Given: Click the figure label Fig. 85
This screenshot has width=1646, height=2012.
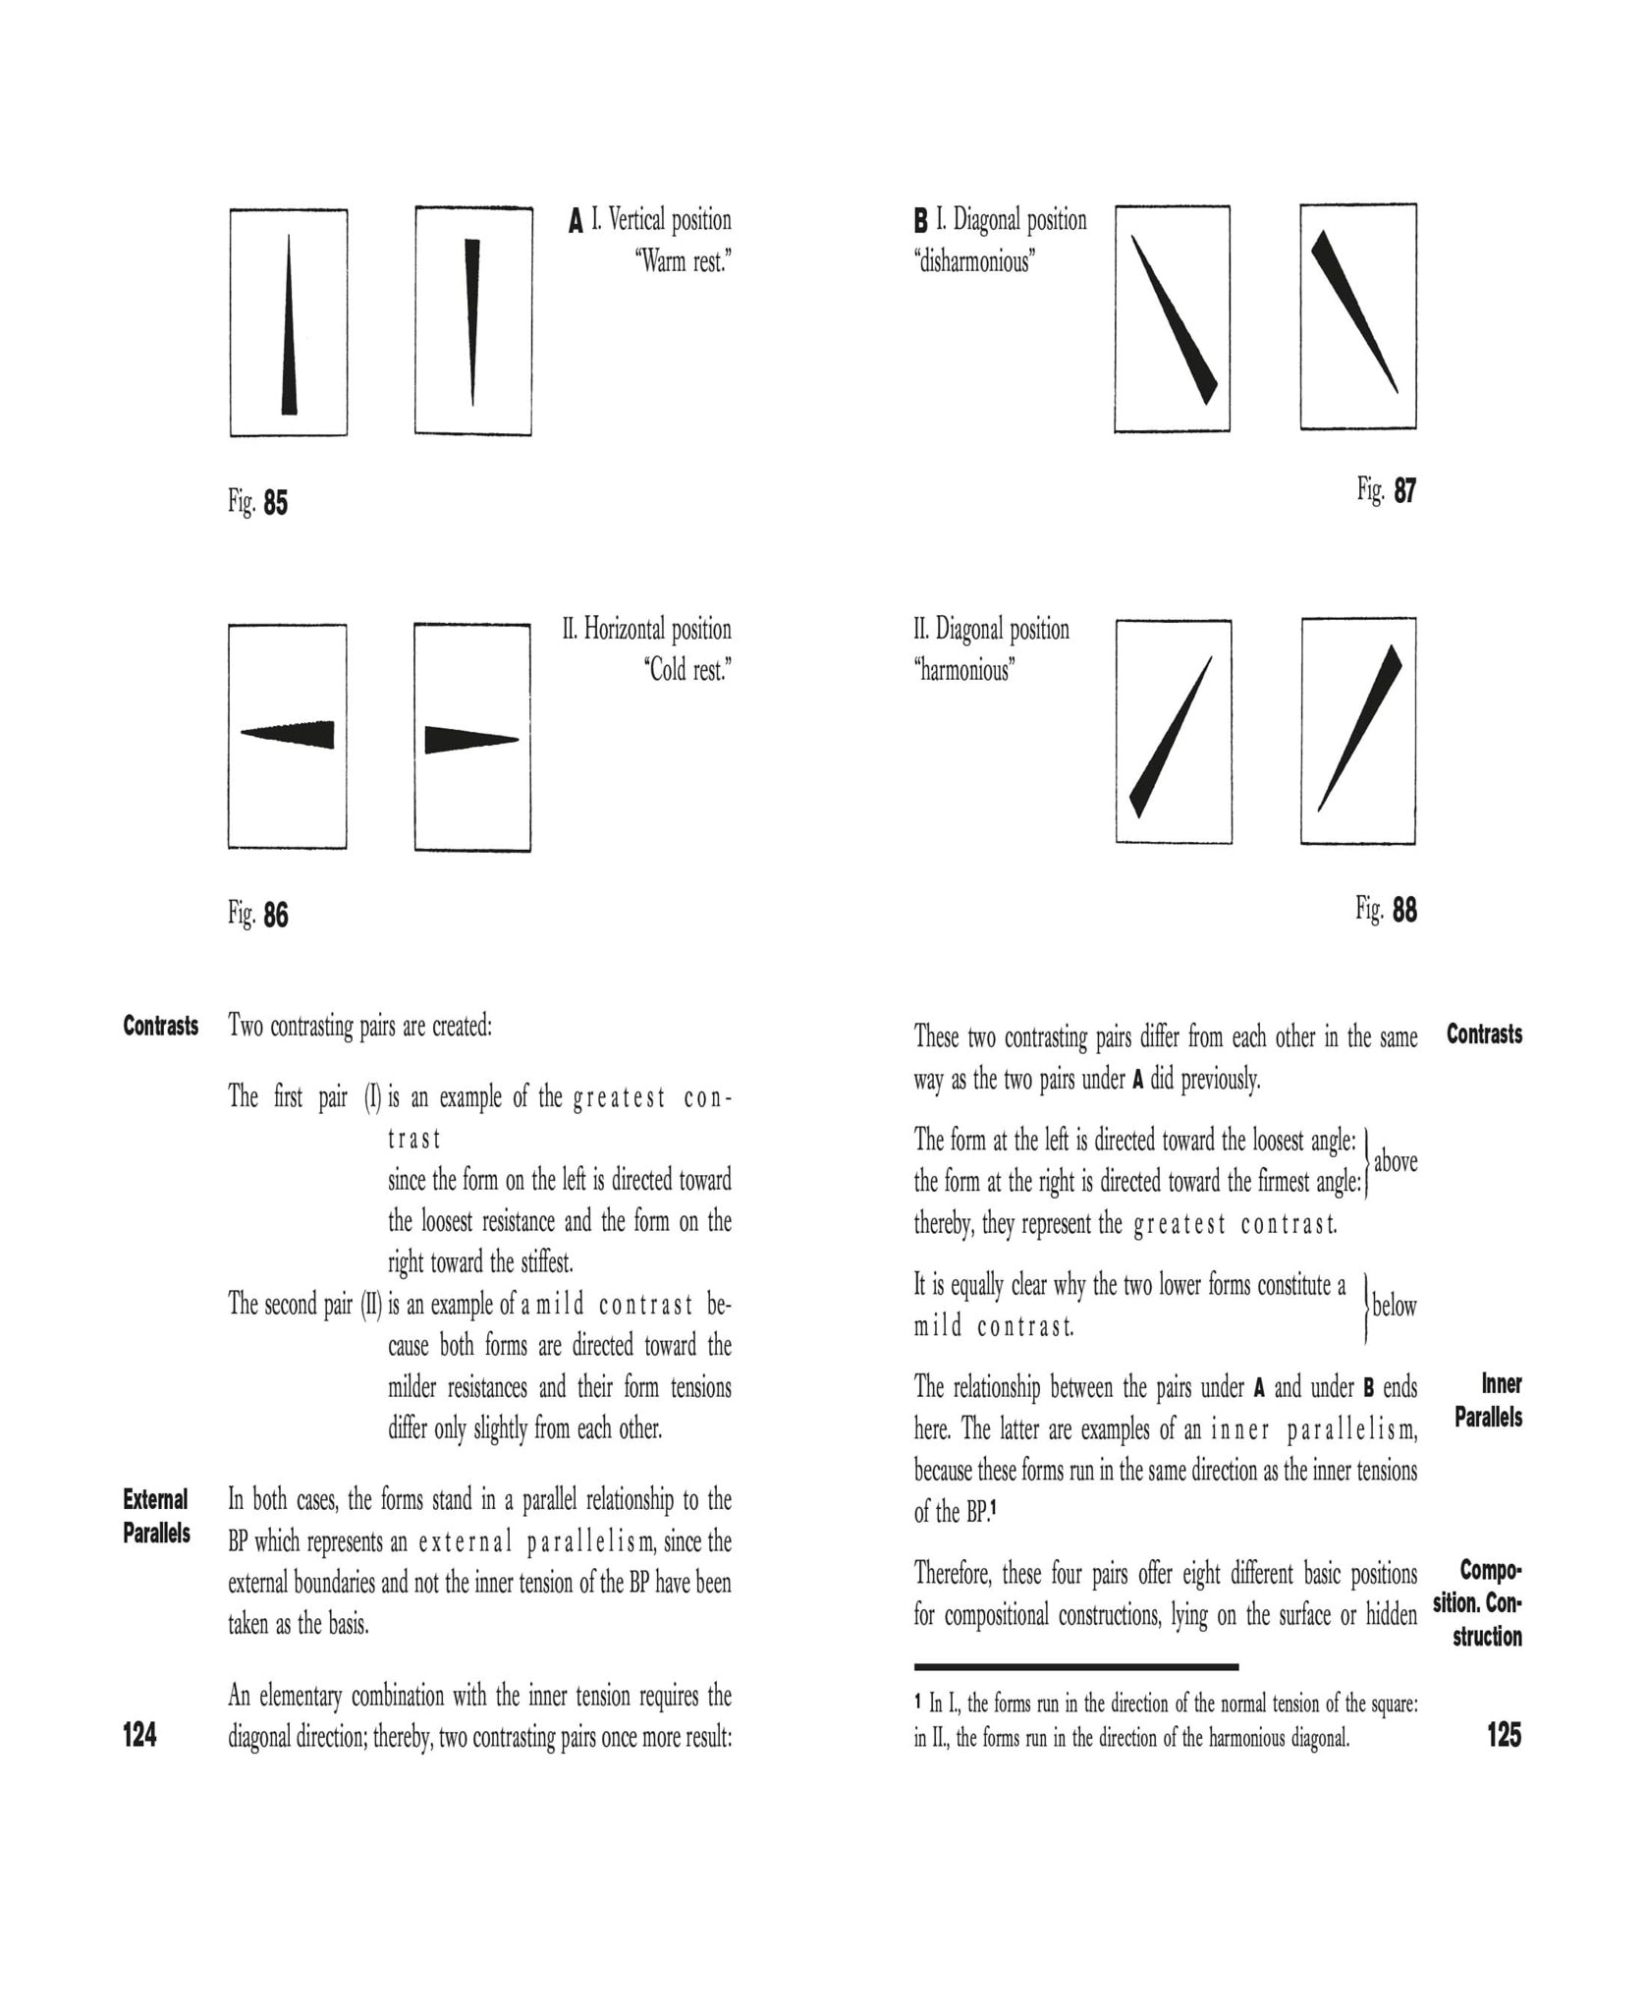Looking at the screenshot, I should click(x=258, y=502).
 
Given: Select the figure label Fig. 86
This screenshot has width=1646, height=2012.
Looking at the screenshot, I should click(x=258, y=915).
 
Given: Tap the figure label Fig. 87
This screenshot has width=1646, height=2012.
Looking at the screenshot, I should click(x=1386, y=489).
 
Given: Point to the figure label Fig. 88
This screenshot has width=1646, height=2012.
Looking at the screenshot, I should click(x=1386, y=910).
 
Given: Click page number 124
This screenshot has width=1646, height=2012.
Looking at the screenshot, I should click(x=139, y=1736).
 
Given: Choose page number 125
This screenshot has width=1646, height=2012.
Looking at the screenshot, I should click(x=1504, y=1736).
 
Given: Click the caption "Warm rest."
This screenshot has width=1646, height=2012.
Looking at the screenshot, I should click(x=684, y=262).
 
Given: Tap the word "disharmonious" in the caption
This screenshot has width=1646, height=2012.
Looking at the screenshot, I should click(x=974, y=262).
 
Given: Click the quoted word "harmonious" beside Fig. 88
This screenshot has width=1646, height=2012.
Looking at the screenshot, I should click(x=964, y=671).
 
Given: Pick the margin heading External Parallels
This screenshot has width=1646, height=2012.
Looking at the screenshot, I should click(x=156, y=1516).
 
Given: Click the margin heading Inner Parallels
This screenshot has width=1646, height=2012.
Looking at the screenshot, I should click(x=1488, y=1400).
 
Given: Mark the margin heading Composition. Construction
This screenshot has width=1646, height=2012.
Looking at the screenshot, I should click(x=1479, y=1603).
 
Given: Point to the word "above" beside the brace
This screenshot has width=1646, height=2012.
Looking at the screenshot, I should click(x=1395, y=1162).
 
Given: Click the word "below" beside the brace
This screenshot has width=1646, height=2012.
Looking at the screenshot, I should click(x=1394, y=1307).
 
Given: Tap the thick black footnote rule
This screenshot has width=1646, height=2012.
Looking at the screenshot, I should click(x=1075, y=1667).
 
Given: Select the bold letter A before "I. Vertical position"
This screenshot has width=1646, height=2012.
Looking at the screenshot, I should click(x=576, y=221).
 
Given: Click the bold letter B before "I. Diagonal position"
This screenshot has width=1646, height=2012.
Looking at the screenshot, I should click(x=920, y=221).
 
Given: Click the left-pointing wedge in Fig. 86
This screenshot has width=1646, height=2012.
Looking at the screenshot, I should click(x=291, y=734).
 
